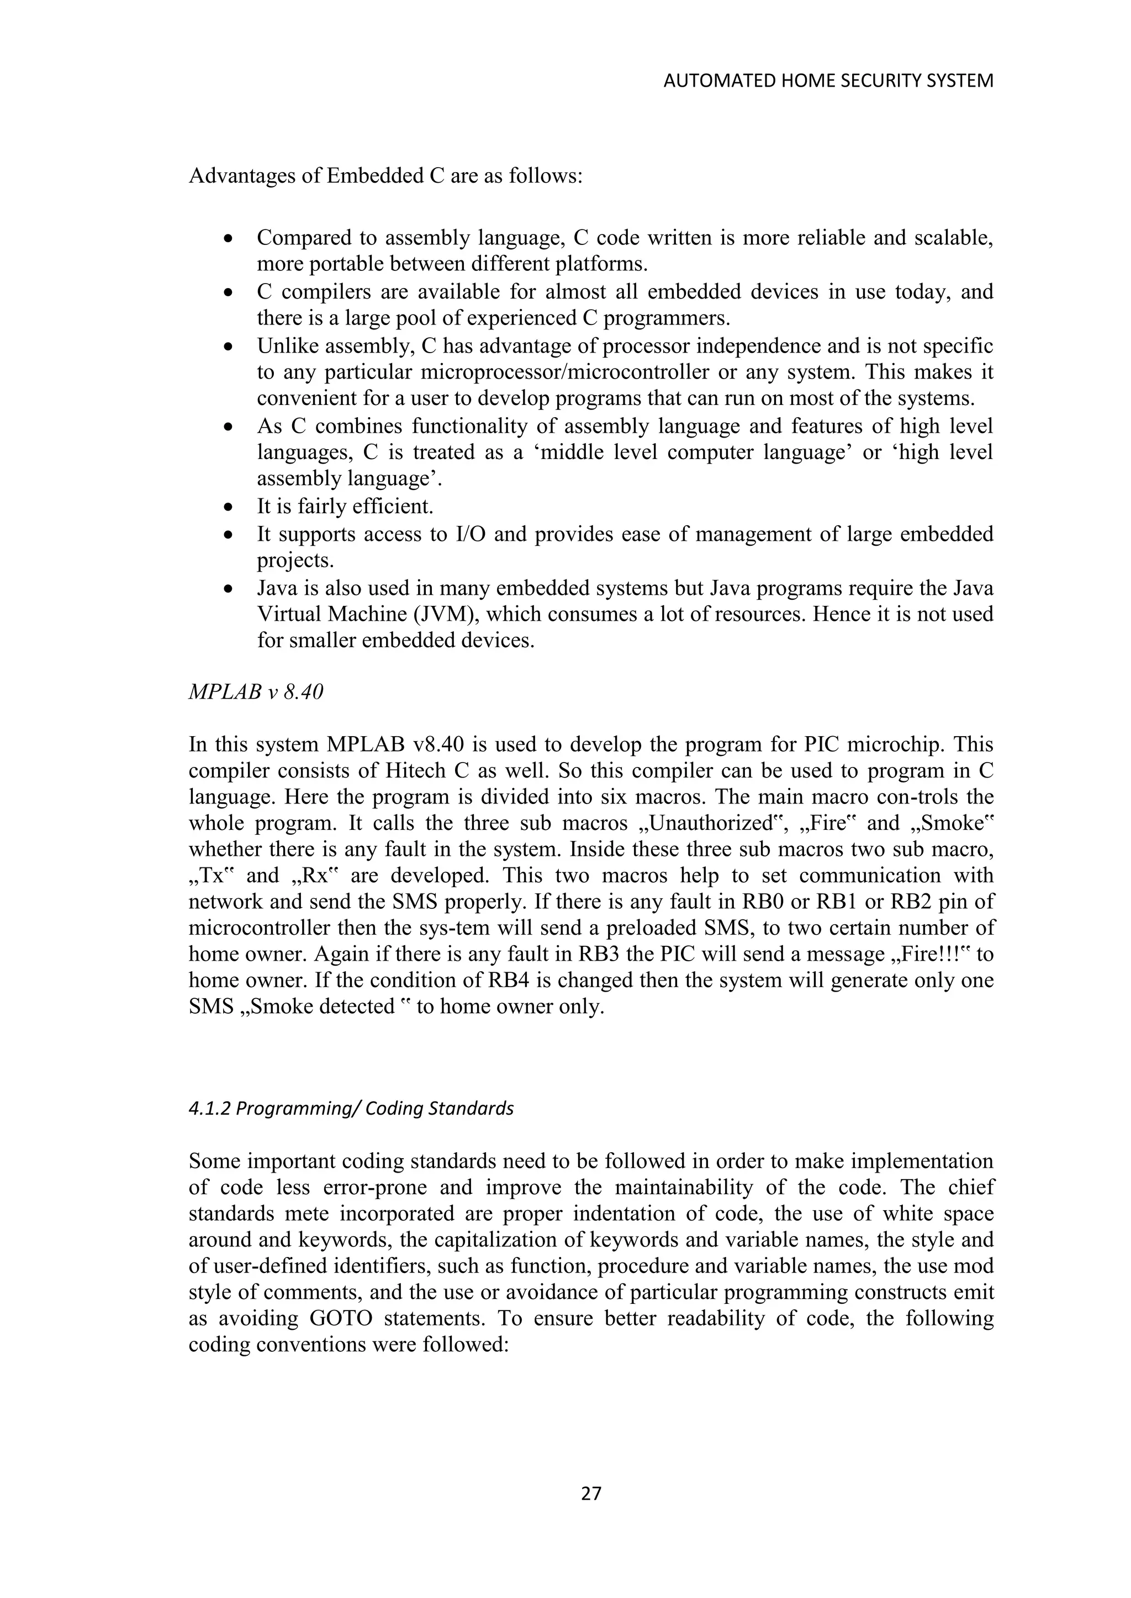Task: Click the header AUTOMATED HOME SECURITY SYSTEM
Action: pos(828,82)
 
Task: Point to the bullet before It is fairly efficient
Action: pos(229,508)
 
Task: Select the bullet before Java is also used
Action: pos(229,589)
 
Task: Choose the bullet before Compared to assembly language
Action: pos(229,239)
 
